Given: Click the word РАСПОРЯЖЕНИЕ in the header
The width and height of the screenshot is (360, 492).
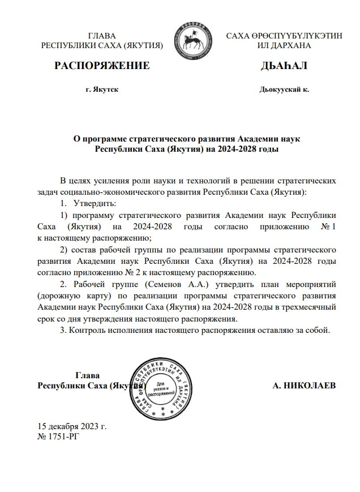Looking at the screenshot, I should click(x=102, y=66).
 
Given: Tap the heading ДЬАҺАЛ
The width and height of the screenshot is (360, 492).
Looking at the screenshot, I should click(x=284, y=66).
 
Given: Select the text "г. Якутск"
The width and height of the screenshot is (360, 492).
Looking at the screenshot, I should click(x=102, y=89).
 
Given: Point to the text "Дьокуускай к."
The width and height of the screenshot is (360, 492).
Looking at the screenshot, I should click(x=284, y=89).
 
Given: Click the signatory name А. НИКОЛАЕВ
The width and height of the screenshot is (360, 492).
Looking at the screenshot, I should click(x=304, y=386).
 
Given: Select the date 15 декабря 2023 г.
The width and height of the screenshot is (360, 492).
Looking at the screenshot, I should click(x=72, y=426).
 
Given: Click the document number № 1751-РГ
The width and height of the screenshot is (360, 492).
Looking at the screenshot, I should click(x=56, y=436).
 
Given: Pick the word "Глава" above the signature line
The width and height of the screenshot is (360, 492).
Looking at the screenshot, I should click(x=88, y=375).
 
